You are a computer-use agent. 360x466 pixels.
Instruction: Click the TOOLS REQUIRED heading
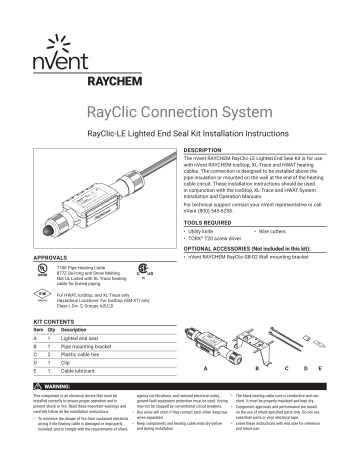click(212, 223)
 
